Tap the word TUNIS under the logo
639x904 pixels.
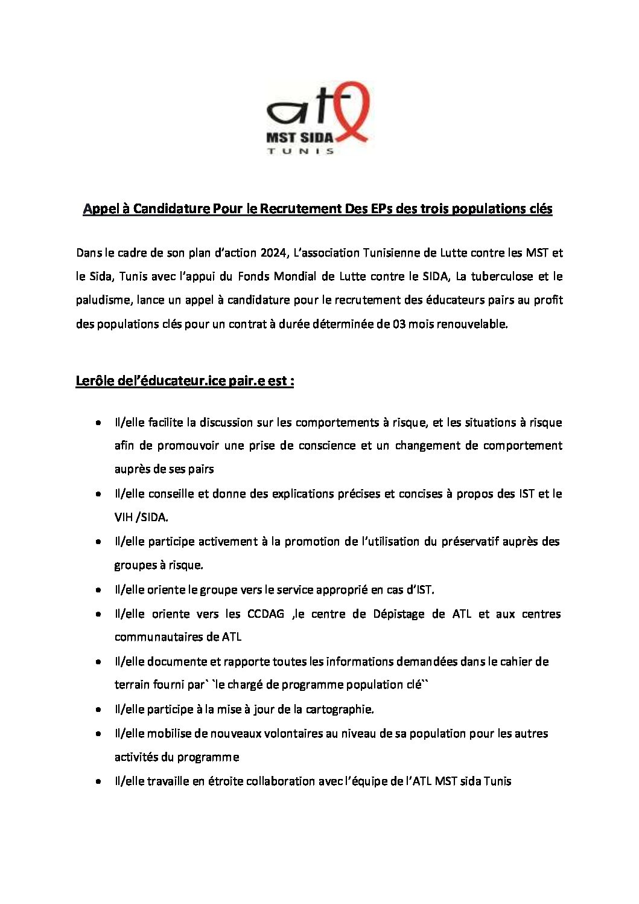300,151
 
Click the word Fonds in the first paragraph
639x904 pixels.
253,277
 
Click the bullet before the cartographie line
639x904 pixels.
98,709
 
